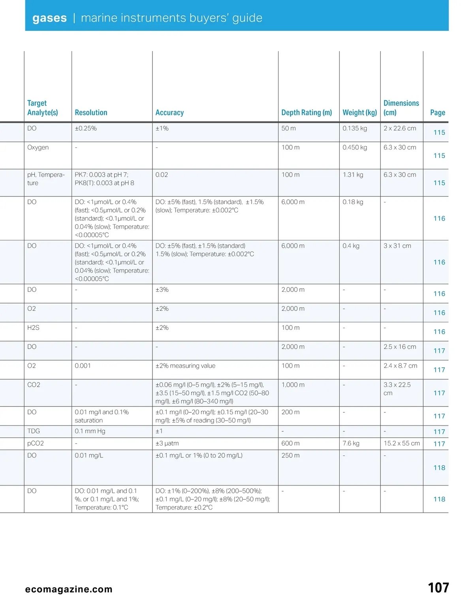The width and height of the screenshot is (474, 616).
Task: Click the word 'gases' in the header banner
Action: click(49, 18)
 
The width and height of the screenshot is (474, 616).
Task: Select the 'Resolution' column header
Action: click(91, 113)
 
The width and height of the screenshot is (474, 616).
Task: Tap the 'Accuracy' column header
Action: click(169, 113)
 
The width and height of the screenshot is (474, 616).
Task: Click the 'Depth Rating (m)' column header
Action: click(307, 113)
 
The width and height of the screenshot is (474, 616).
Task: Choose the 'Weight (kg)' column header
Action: click(359, 113)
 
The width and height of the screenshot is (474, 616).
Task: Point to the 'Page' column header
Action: click(437, 113)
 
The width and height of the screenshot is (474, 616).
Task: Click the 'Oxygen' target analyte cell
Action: click(38, 147)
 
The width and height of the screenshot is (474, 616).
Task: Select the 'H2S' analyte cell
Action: click(33, 328)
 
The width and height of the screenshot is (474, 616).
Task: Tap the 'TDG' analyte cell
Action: click(34, 431)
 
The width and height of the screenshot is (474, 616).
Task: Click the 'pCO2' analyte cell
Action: click(36, 444)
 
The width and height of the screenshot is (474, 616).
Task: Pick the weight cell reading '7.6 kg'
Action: click(351, 444)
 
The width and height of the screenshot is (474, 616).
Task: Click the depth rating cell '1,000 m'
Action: click(293, 385)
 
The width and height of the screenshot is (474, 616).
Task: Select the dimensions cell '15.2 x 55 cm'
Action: click(401, 444)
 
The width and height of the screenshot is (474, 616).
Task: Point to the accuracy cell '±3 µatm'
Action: click(167, 444)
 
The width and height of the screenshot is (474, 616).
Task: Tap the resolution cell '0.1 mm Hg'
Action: click(90, 431)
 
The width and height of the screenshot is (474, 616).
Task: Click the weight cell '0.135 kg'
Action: click(355, 128)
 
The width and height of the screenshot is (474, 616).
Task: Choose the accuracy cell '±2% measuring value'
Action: click(185, 366)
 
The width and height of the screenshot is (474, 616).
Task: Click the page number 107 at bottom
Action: click(438, 588)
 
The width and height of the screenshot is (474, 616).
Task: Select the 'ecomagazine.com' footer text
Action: click(69, 590)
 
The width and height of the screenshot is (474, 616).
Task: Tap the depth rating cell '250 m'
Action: click(290, 455)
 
